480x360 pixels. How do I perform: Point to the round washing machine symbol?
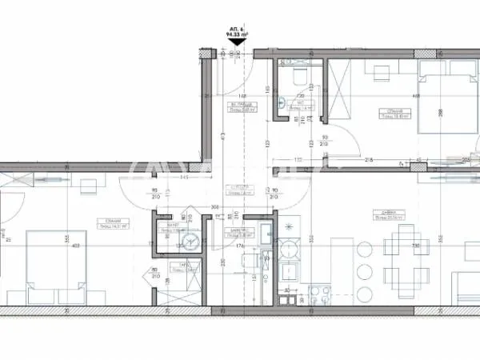click(x=190, y=242)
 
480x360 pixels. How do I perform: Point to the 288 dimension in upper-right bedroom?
click(x=464, y=112)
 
